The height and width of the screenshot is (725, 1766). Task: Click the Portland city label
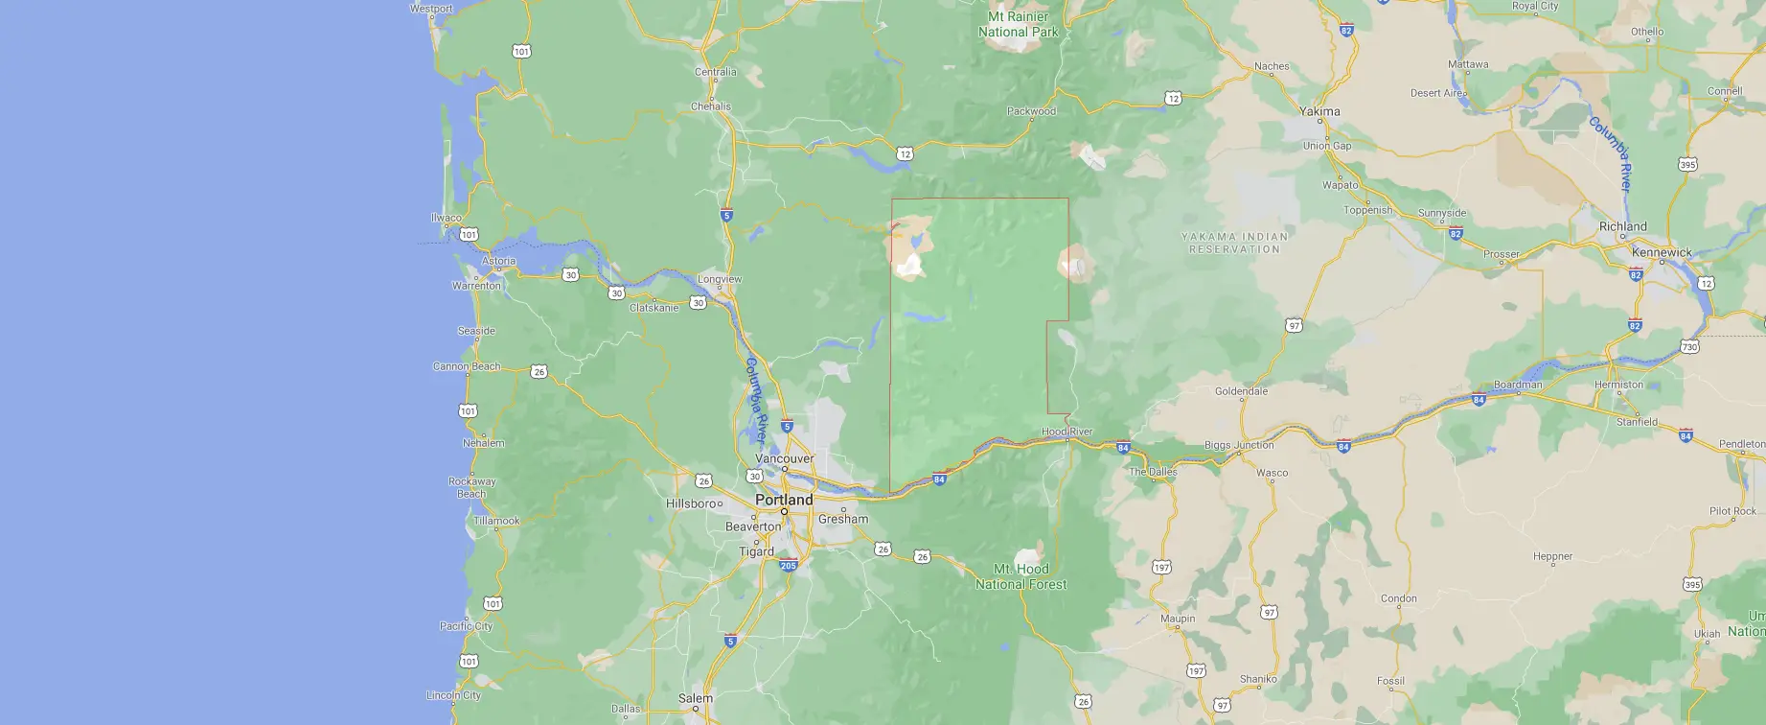coord(784,500)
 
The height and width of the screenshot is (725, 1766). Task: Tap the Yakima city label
coord(1319,111)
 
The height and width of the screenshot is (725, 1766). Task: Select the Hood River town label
coord(1066,432)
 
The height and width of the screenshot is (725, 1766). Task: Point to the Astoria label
coord(498,261)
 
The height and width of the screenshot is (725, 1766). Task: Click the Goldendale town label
coord(1241,391)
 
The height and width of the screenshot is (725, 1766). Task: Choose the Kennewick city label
coord(1662,252)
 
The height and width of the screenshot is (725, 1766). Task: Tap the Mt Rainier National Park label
coord(1018,24)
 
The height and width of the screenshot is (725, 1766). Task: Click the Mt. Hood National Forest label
coord(1021,576)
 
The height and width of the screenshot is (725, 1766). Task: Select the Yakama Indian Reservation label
coord(1234,243)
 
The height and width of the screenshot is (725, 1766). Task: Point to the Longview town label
coord(720,279)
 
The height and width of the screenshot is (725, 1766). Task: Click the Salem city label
coord(696,698)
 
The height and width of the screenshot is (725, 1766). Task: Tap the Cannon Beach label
coord(467,366)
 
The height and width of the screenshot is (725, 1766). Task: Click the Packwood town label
coord(1031,111)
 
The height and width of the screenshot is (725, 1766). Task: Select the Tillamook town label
coord(495,521)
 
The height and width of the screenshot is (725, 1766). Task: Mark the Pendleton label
coord(1741,444)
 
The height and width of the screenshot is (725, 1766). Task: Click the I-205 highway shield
coord(789,566)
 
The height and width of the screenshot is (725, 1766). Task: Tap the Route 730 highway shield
coord(1689,346)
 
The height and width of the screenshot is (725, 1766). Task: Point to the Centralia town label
coord(715,72)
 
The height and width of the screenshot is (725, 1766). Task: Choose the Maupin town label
coord(1178,619)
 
